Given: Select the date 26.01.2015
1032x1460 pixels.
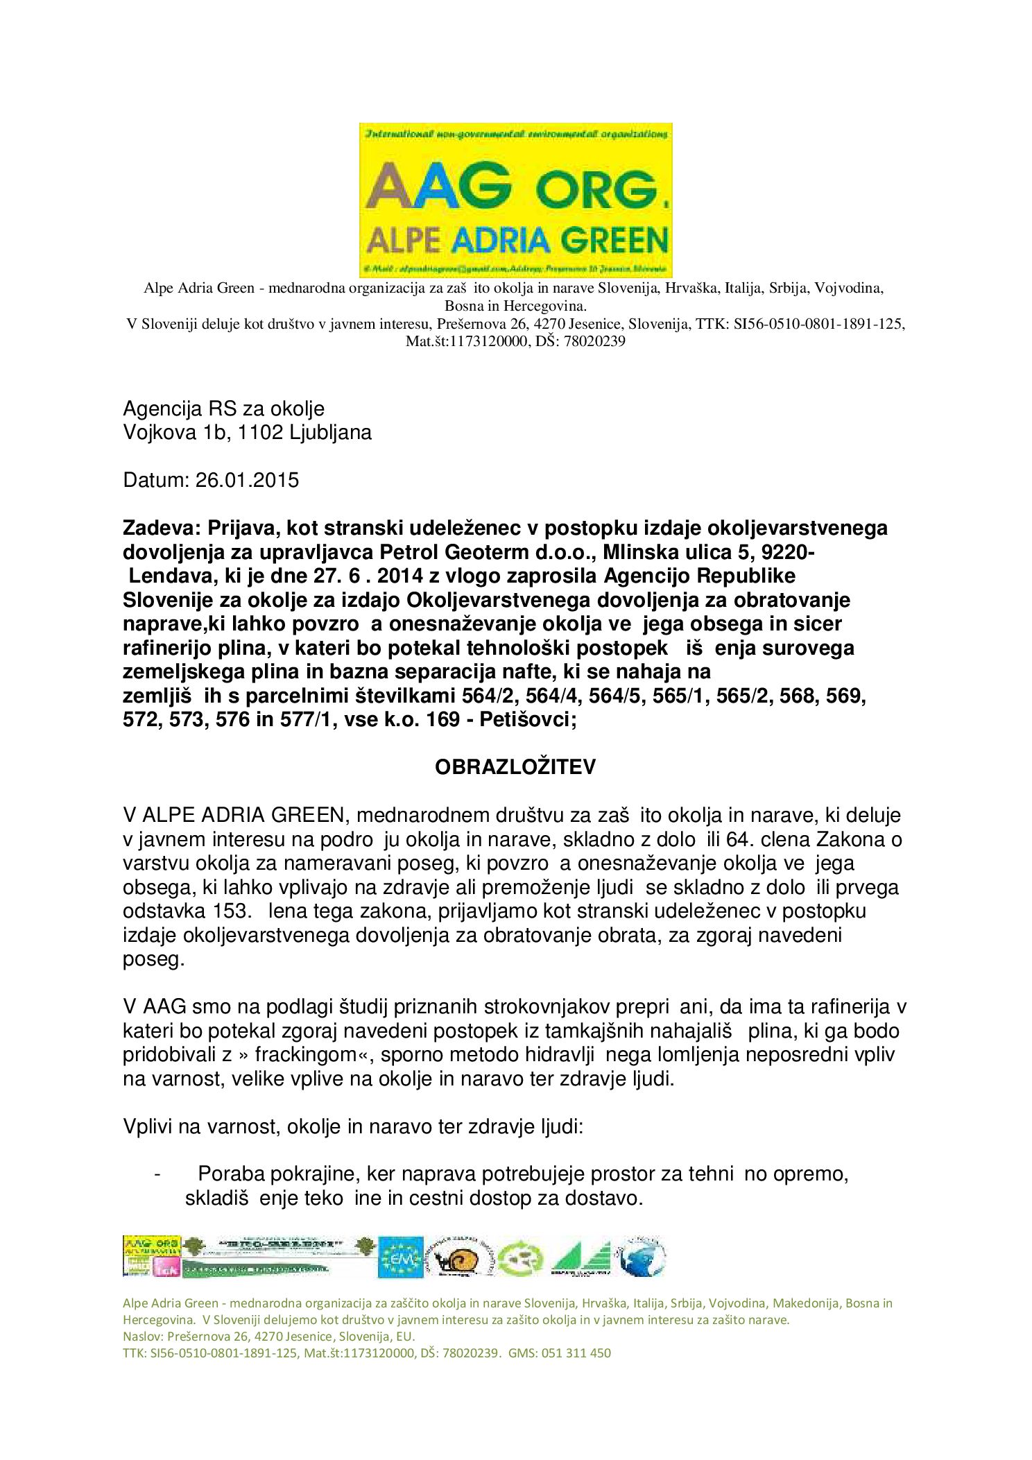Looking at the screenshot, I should point(247,480).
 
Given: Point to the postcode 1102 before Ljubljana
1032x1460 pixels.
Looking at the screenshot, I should point(259,432).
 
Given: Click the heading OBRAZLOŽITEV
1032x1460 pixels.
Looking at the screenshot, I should point(515,767).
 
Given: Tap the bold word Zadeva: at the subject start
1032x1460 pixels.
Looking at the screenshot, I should point(161,528).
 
